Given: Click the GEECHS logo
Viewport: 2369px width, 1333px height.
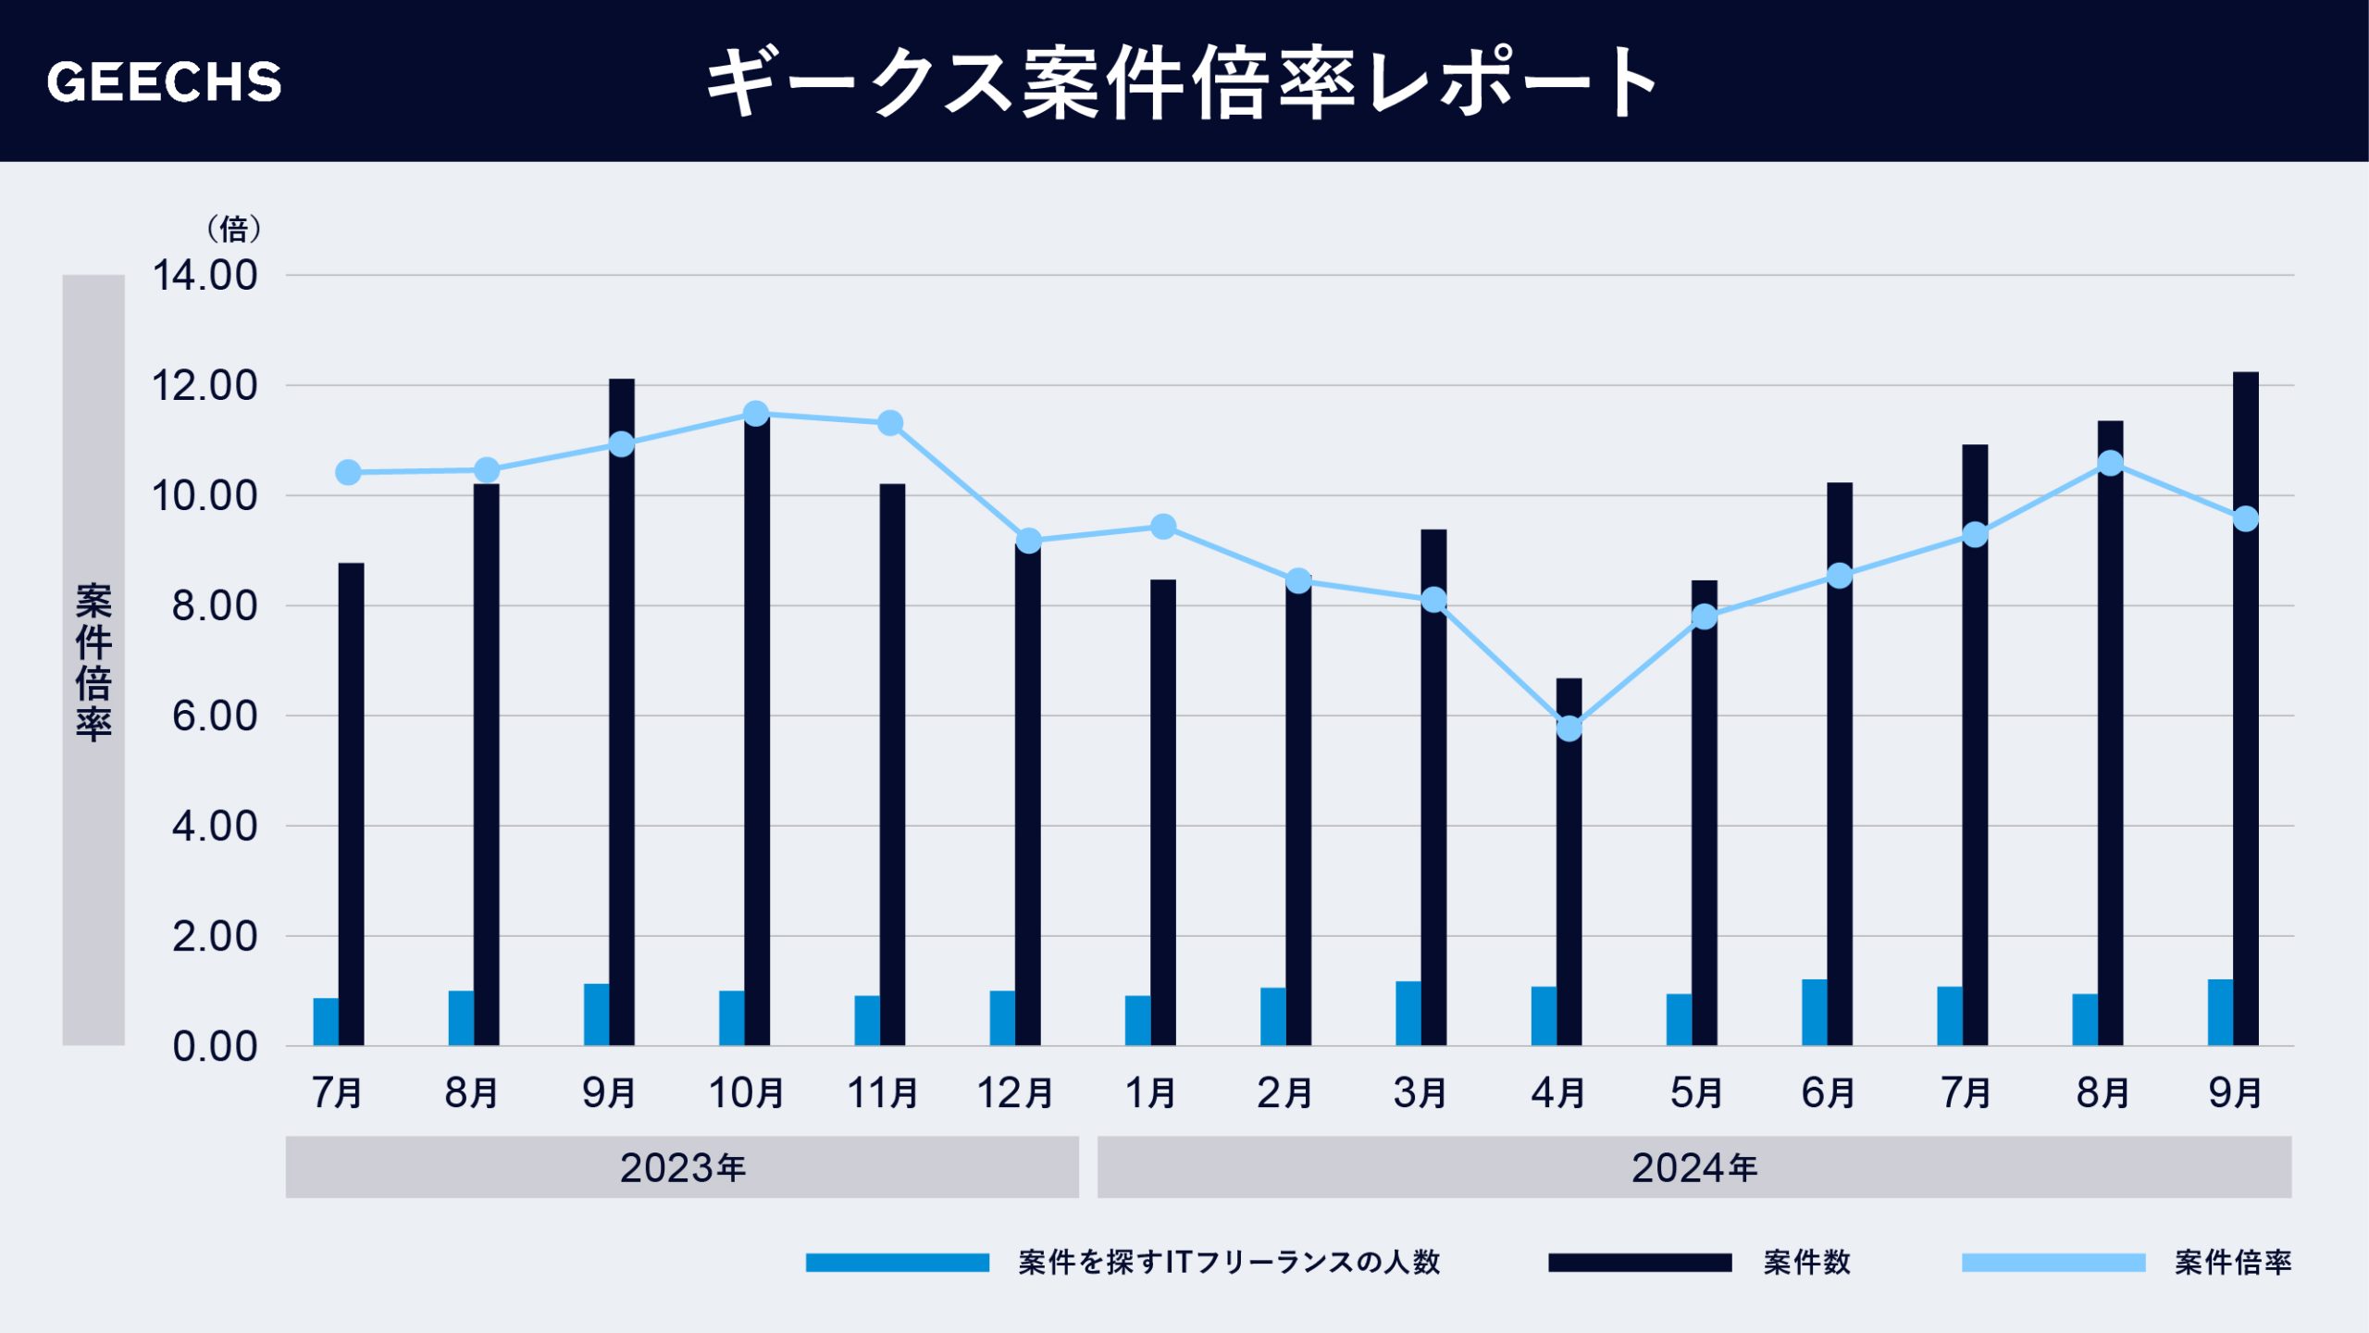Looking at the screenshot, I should point(164,81).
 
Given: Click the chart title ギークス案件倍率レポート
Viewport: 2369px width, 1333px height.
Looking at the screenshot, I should point(1183,81).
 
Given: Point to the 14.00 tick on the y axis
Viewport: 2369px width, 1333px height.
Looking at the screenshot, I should point(205,276).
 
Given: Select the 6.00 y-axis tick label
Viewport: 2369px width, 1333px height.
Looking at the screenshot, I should point(215,716).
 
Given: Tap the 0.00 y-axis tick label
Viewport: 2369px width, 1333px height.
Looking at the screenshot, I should point(215,1047).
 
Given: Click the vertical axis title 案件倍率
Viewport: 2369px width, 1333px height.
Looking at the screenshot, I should point(93,661).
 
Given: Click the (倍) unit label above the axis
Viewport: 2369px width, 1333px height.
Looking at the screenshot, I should point(233,229).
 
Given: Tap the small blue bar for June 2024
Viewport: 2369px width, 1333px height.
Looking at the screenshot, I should point(1814,1013).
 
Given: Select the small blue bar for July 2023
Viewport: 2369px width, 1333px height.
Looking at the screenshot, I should point(326,1022).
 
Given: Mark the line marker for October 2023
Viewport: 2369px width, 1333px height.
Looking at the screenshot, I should point(756,414).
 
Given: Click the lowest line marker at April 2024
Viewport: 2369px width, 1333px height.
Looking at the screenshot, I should point(1569,729).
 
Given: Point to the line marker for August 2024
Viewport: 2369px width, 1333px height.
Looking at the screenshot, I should point(2110,463).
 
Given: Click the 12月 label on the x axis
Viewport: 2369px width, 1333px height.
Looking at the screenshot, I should point(1015,1093).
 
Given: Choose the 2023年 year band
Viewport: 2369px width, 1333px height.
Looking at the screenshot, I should point(682,1167).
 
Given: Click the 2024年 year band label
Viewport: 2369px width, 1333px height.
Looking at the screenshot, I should point(1693,1167).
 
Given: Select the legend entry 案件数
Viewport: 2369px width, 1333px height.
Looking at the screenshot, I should point(1805,1263).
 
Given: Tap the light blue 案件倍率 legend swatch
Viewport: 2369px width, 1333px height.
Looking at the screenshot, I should point(2053,1263).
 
